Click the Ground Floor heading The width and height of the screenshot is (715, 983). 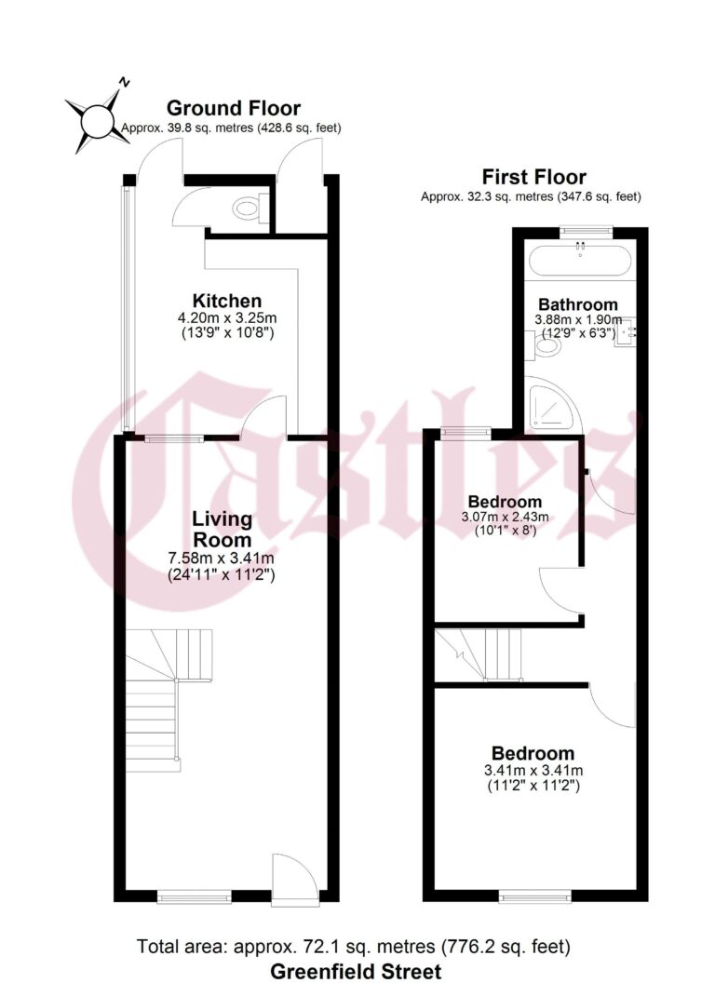click(233, 108)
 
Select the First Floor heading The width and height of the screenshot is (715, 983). click(533, 177)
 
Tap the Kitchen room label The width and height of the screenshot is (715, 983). click(226, 301)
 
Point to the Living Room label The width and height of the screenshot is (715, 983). click(222, 529)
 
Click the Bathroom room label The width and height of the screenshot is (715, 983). click(577, 304)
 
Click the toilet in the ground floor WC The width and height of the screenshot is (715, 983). click(248, 209)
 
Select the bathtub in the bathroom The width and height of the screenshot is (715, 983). click(580, 259)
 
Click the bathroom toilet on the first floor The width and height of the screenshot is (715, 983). click(546, 348)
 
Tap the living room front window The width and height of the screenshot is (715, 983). click(194, 896)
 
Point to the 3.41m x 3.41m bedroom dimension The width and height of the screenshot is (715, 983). click(533, 771)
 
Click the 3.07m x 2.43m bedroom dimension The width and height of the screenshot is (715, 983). click(506, 517)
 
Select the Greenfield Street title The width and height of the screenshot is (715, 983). click(356, 971)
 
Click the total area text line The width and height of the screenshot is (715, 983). click(354, 948)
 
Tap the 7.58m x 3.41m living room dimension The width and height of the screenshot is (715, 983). click(221, 559)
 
